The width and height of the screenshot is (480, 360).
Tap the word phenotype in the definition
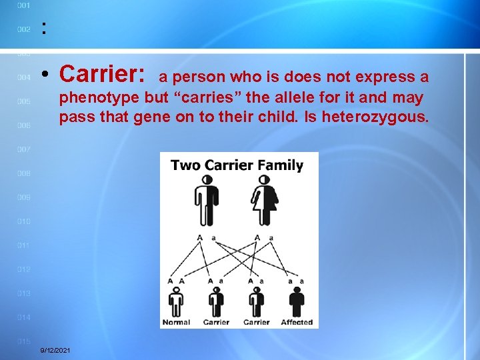coord(99,98)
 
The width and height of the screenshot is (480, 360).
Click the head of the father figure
coord(207,179)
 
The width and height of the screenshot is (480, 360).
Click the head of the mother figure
coord(265,179)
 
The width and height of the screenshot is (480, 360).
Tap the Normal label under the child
coord(176,322)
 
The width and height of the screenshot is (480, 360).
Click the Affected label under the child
coord(297,322)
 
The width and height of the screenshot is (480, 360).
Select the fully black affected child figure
coord(296,303)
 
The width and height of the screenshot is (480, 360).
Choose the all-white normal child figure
coord(176,303)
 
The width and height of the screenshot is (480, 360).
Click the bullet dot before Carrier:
coord(43,74)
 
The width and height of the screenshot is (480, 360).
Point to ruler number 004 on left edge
coord(23,77)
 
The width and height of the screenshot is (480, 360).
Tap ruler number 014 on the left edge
coord(23,317)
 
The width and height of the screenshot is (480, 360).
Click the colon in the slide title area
coord(44,29)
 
